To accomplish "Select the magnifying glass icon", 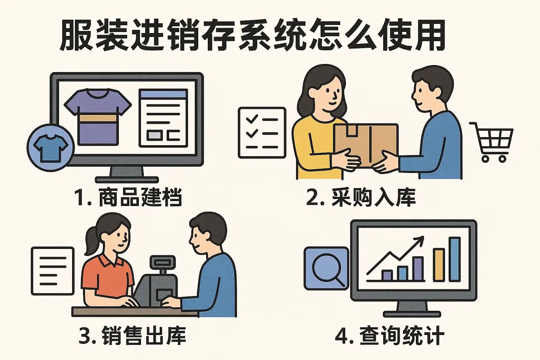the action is (x=327, y=269).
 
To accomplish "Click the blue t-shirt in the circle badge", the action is (x=51, y=148).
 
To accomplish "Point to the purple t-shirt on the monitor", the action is (x=98, y=117).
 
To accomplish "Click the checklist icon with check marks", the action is (x=262, y=133).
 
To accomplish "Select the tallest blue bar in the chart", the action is (x=455, y=259).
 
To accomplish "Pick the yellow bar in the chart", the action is (x=439, y=265).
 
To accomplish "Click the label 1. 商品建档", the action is (x=128, y=197).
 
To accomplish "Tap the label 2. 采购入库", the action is (x=361, y=197).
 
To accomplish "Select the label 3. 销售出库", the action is (x=132, y=335).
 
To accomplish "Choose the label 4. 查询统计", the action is (x=390, y=335).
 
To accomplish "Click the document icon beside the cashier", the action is (x=52, y=271).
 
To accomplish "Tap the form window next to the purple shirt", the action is (x=163, y=118).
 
